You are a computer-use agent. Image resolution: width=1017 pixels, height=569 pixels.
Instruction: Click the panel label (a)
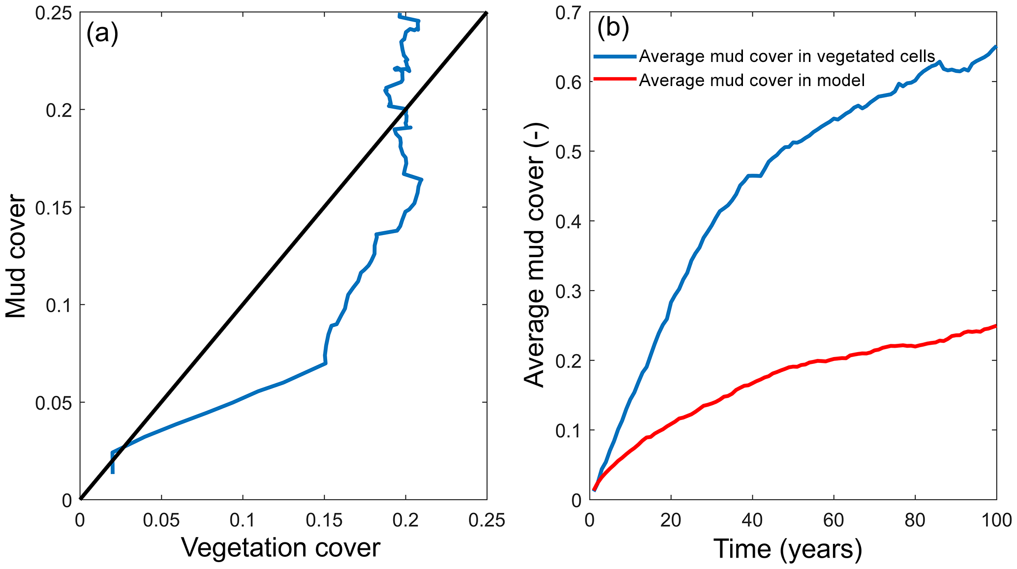point(102,34)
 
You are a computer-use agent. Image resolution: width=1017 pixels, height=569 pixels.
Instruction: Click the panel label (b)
point(613,29)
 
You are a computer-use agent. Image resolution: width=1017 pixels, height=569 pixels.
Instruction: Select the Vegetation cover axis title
point(281,547)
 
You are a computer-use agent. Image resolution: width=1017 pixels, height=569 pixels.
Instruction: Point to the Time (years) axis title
point(788,548)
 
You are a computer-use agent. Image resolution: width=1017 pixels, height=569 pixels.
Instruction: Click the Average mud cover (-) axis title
point(534,255)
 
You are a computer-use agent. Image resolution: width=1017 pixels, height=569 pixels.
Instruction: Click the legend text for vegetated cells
point(787,57)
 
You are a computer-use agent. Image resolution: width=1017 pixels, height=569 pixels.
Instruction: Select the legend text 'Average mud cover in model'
point(752,80)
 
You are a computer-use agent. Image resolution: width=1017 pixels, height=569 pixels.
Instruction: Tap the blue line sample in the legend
point(615,56)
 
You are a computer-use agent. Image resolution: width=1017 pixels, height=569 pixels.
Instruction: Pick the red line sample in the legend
point(615,80)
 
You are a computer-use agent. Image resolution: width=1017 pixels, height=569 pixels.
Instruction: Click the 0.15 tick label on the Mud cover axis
point(54,208)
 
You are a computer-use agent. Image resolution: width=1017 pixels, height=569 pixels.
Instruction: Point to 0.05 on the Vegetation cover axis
point(161,520)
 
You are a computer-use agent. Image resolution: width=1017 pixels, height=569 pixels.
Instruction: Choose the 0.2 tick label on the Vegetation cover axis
point(405,520)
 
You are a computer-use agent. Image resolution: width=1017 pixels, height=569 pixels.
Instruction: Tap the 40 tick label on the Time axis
point(752,520)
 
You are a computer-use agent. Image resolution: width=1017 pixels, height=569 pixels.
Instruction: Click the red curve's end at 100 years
point(996,326)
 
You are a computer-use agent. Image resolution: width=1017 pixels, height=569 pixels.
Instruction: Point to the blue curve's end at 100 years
point(996,47)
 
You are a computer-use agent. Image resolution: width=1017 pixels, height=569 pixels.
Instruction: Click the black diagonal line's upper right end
point(486,13)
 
